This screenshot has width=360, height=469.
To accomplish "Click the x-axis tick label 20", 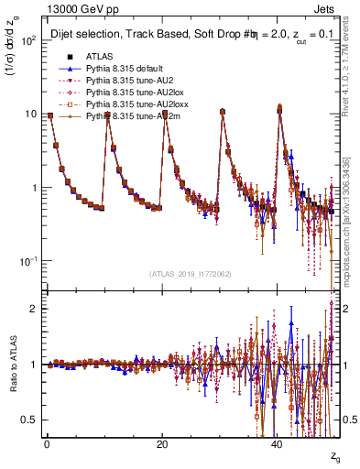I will pos(162,445).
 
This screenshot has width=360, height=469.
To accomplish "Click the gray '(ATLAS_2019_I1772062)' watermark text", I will pos(190,274).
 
